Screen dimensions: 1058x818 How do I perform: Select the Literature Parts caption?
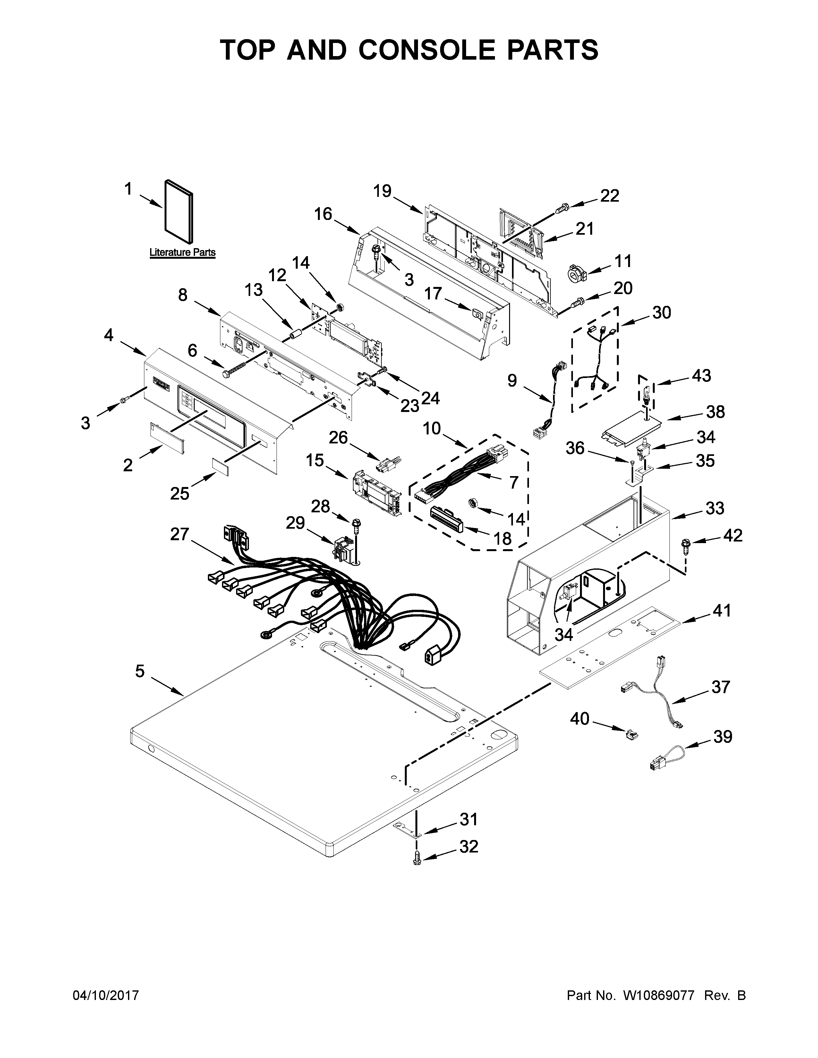182,252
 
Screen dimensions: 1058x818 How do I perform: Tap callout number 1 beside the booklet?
128,189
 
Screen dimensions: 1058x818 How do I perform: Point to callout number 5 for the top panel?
140,671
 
